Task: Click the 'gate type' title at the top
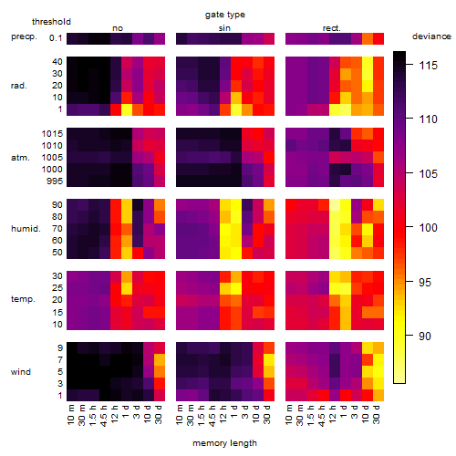[x=225, y=15]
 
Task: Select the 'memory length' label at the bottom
[x=224, y=443]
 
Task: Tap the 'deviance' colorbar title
[x=431, y=36]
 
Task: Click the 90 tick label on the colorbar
[x=425, y=336]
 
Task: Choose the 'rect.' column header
[x=331, y=28]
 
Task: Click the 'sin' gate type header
[x=224, y=28]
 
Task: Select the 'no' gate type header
[x=118, y=28]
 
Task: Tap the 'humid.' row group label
[x=26, y=229]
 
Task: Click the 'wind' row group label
[x=21, y=372]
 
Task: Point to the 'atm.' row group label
[x=20, y=158]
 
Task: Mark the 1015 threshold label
[x=52, y=134]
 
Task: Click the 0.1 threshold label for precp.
[x=56, y=38]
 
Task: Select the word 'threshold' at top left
[x=51, y=22]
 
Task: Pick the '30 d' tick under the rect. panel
[x=377, y=414]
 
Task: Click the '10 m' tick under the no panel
[x=70, y=414]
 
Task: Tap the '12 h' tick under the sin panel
[x=223, y=414]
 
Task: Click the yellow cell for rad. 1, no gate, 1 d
[x=127, y=109]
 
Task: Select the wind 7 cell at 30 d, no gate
[x=160, y=359]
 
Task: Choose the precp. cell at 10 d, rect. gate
[x=368, y=38]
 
